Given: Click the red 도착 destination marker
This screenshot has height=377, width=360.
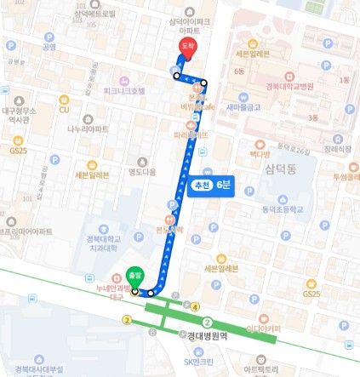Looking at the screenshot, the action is pos(184,48).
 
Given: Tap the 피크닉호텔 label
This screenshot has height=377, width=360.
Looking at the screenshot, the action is pos(124,89).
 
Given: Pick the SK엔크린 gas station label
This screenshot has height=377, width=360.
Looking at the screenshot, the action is pos(202,363).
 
